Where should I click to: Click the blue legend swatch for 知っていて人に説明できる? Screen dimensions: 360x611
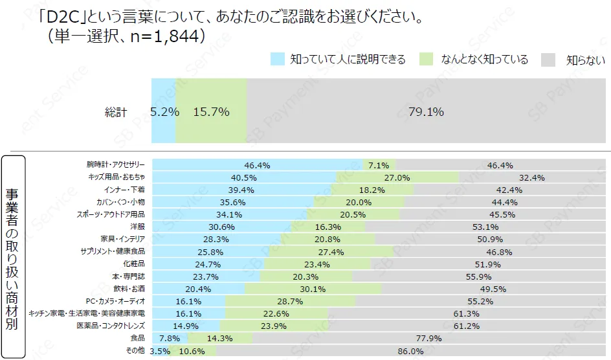pyautogui.click(x=278, y=60)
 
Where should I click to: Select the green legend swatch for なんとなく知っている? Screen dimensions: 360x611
pyautogui.click(x=427, y=60)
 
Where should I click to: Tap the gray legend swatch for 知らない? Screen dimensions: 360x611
pyautogui.click(x=549, y=60)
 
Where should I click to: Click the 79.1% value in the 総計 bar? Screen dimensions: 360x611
pyautogui.click(x=426, y=111)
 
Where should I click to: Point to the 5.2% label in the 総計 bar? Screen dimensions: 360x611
pyautogui.click(x=164, y=111)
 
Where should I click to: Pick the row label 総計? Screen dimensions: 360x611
pyautogui.click(x=116, y=112)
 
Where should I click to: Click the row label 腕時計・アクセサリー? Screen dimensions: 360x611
pyautogui.click(x=116, y=165)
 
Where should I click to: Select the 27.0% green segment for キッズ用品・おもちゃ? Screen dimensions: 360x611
pyautogui.click(x=397, y=177)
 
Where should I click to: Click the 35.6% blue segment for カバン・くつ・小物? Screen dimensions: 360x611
pyautogui.click(x=233, y=202)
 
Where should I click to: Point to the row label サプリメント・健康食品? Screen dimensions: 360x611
pyautogui.click(x=113, y=251)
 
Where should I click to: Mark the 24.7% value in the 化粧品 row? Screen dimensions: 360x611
pyautogui.click(x=208, y=264)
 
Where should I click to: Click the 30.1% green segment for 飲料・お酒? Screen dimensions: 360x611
pyautogui.click(x=313, y=288)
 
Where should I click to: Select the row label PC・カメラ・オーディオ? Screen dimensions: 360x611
pyautogui.click(x=115, y=301)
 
